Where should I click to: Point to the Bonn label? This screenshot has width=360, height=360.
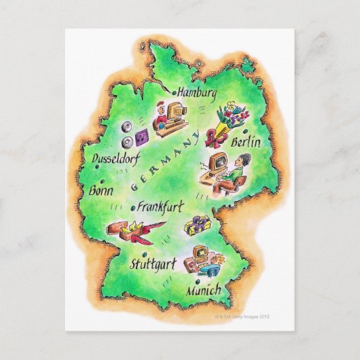click(x=101, y=192)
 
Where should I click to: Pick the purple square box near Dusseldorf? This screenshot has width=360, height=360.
click(x=141, y=137)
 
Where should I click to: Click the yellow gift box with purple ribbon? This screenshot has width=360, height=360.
click(x=200, y=225)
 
